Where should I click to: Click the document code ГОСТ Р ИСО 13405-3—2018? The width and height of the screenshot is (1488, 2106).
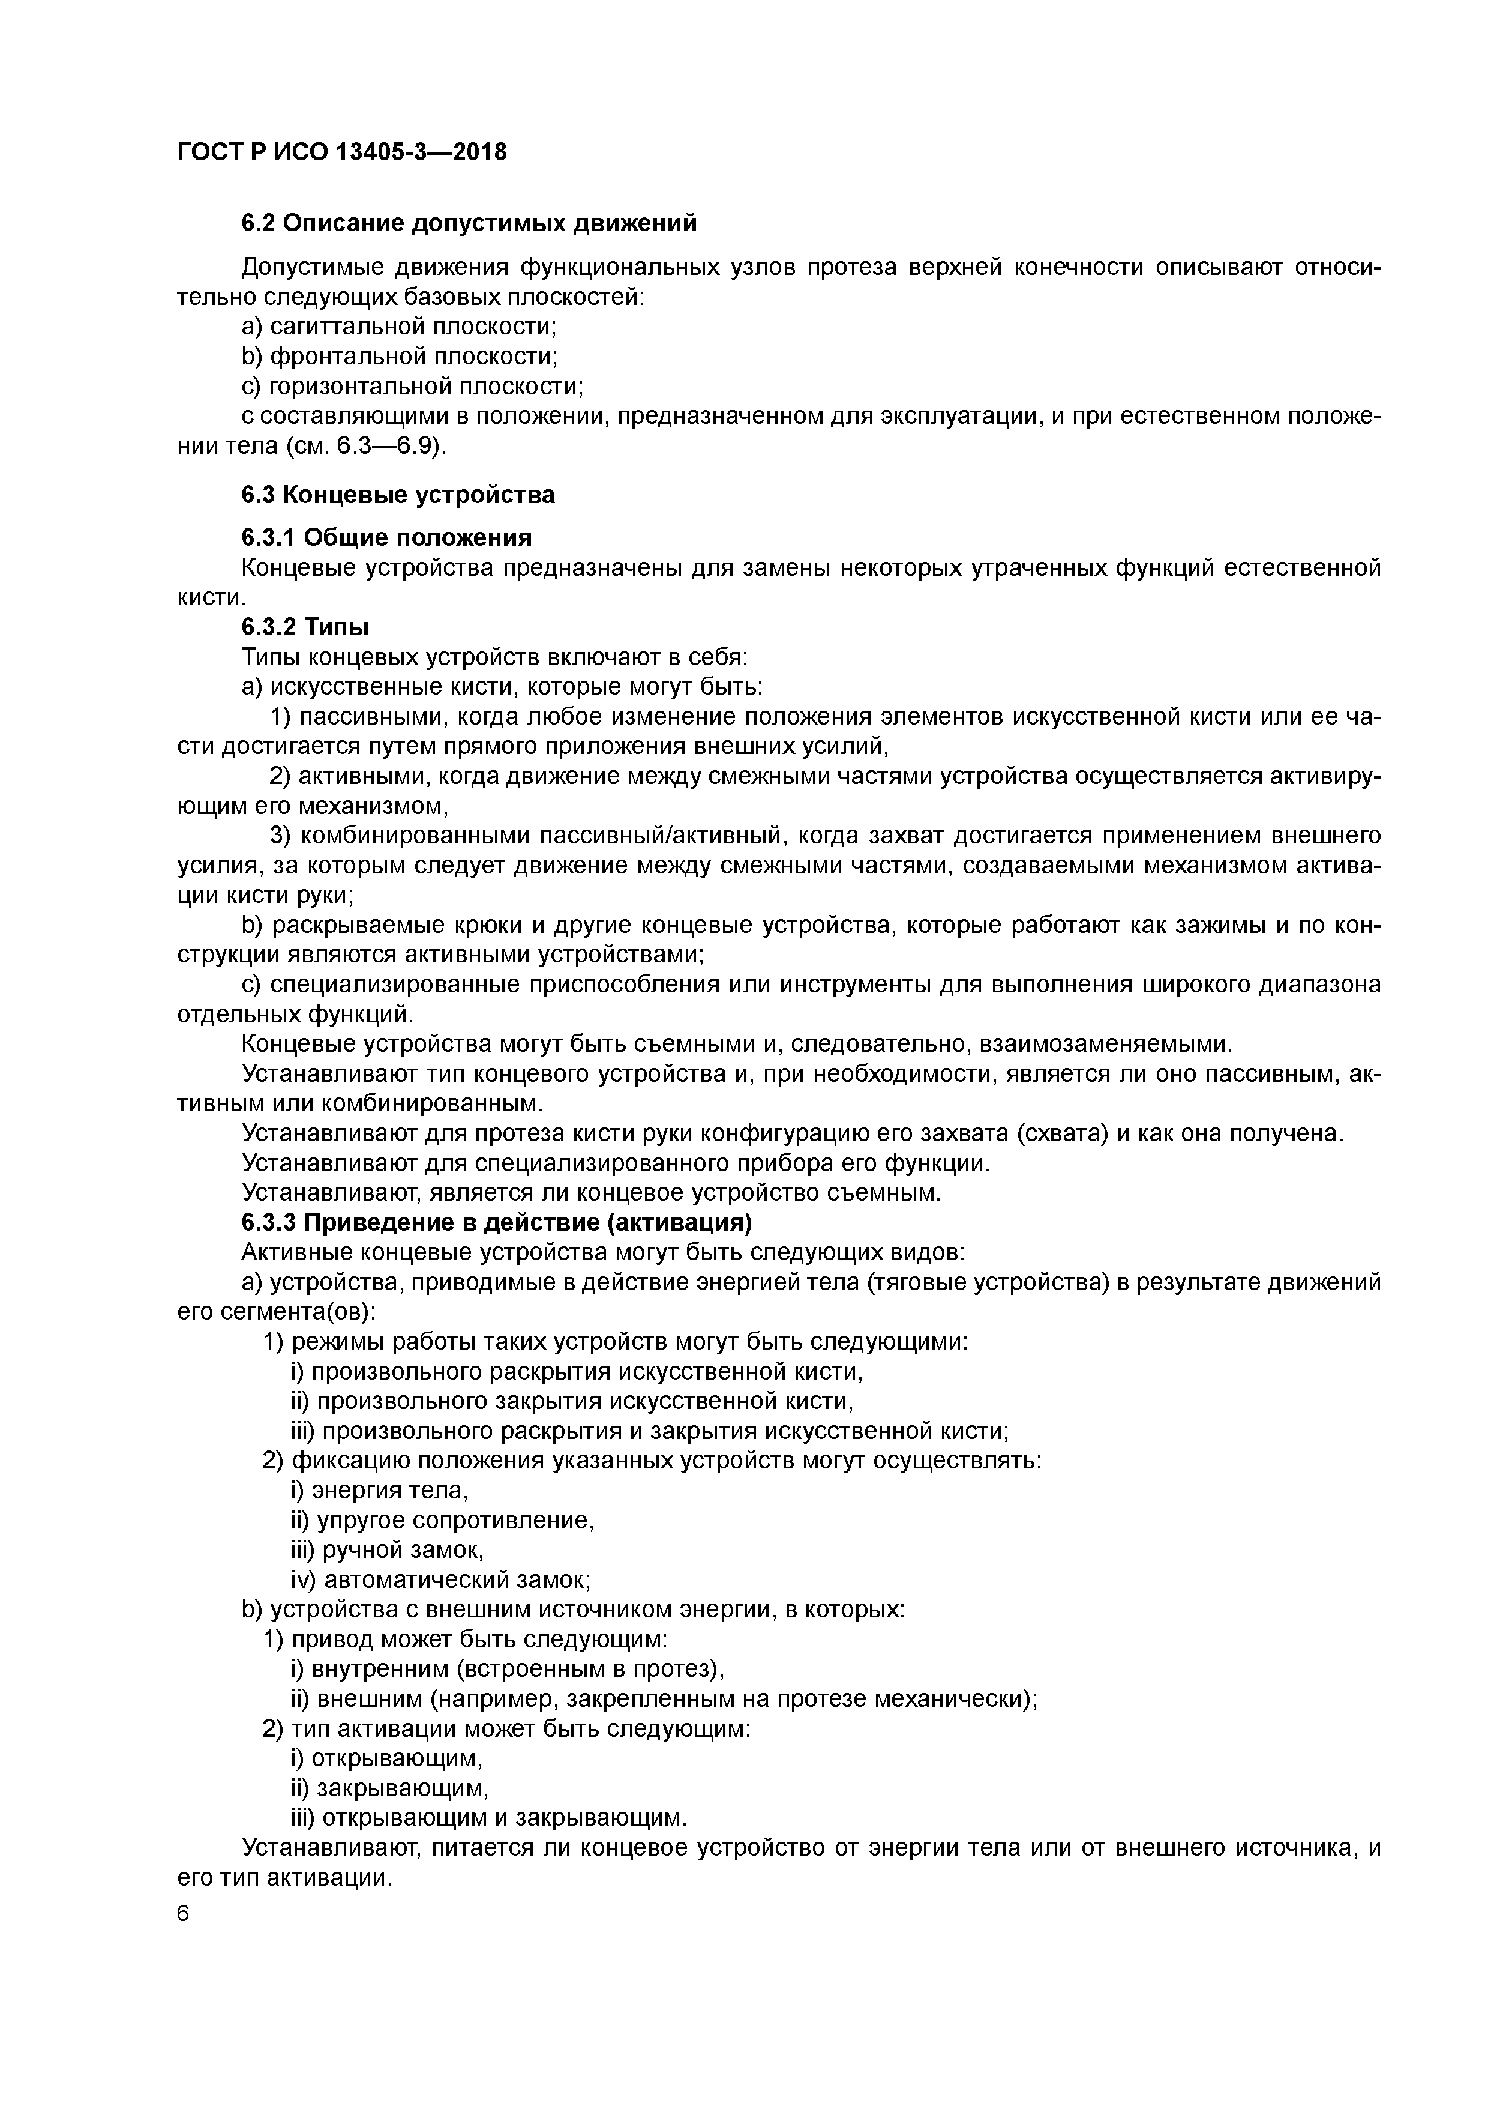(341, 151)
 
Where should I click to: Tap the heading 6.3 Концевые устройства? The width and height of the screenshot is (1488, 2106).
(398, 495)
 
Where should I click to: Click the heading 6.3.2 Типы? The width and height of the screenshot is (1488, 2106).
(305, 627)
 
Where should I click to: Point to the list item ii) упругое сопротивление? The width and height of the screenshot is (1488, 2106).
(442, 1521)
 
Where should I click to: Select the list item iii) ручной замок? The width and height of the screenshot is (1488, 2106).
(387, 1550)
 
